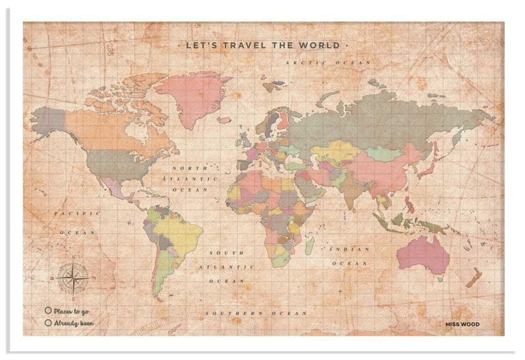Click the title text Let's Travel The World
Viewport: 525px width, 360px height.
coord(262,45)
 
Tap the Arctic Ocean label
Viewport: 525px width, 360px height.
coord(328,63)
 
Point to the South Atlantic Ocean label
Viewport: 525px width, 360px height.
coord(226,267)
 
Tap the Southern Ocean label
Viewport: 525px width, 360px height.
coord(256,314)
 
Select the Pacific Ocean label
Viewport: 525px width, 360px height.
coord(77,223)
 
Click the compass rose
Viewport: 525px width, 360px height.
coord(73,277)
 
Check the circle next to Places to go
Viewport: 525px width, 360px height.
coord(48,311)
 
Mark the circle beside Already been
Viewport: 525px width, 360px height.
coord(48,323)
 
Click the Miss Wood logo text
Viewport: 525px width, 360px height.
coord(462,324)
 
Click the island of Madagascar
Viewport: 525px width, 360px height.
coord(310,246)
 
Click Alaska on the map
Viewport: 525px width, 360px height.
coord(48,120)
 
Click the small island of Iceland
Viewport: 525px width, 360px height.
coord(224,120)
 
